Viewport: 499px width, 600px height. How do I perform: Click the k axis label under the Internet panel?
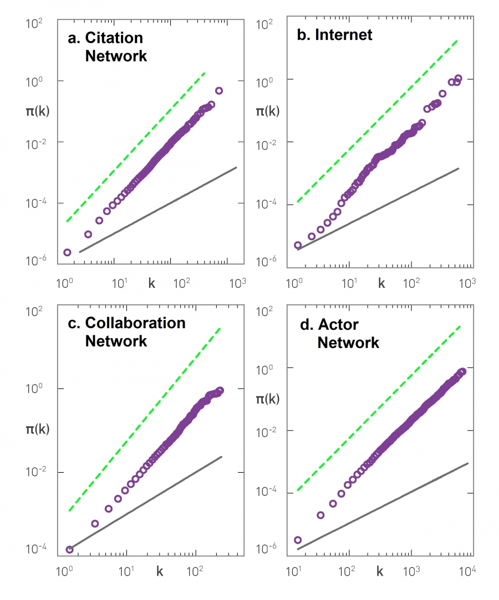(381, 283)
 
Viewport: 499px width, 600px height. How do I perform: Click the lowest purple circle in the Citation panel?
(67, 252)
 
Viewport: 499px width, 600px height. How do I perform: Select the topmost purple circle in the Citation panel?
(219, 91)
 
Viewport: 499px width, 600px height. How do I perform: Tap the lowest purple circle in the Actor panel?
(298, 540)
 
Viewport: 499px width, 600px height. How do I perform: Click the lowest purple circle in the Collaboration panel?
(69, 550)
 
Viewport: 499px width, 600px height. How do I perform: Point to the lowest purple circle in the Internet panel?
(298, 245)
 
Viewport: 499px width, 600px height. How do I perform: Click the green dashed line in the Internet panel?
(377, 121)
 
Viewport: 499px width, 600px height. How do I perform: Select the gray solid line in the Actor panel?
(383, 506)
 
